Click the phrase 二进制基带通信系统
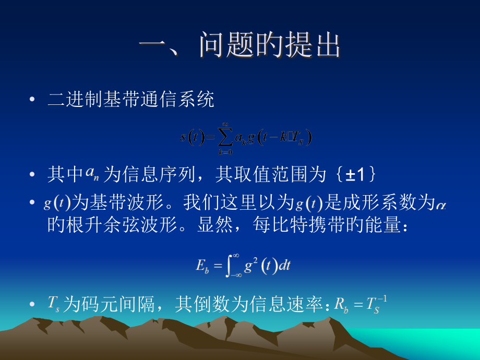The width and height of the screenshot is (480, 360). tap(131, 100)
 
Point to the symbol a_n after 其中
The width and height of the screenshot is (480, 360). tap(92, 174)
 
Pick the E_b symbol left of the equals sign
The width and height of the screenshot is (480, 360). tap(202, 266)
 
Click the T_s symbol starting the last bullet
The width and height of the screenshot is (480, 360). tap(54, 304)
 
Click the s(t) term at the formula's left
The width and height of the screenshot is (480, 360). tap(191, 138)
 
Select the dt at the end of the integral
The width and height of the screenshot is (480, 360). tap(284, 266)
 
